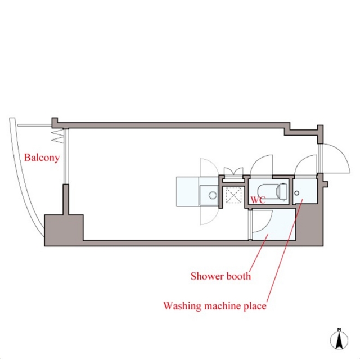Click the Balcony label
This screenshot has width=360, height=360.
(x=42, y=157)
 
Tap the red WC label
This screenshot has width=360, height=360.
(x=258, y=200)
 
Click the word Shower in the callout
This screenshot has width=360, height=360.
(x=207, y=276)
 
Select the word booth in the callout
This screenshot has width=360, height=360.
(x=238, y=276)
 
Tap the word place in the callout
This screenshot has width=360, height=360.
(x=255, y=306)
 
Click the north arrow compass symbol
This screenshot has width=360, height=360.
(x=339, y=339)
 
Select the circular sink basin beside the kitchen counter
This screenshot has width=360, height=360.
(x=213, y=195)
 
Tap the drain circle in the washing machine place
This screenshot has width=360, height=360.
(x=296, y=193)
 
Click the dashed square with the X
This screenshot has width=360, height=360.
(x=233, y=195)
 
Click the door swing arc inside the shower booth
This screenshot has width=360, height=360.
(x=268, y=225)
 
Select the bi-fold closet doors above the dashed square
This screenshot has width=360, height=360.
(x=233, y=172)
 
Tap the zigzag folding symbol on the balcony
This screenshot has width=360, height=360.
(x=57, y=136)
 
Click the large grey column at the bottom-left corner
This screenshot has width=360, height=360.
(x=64, y=230)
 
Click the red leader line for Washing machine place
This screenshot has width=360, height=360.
(x=285, y=250)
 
